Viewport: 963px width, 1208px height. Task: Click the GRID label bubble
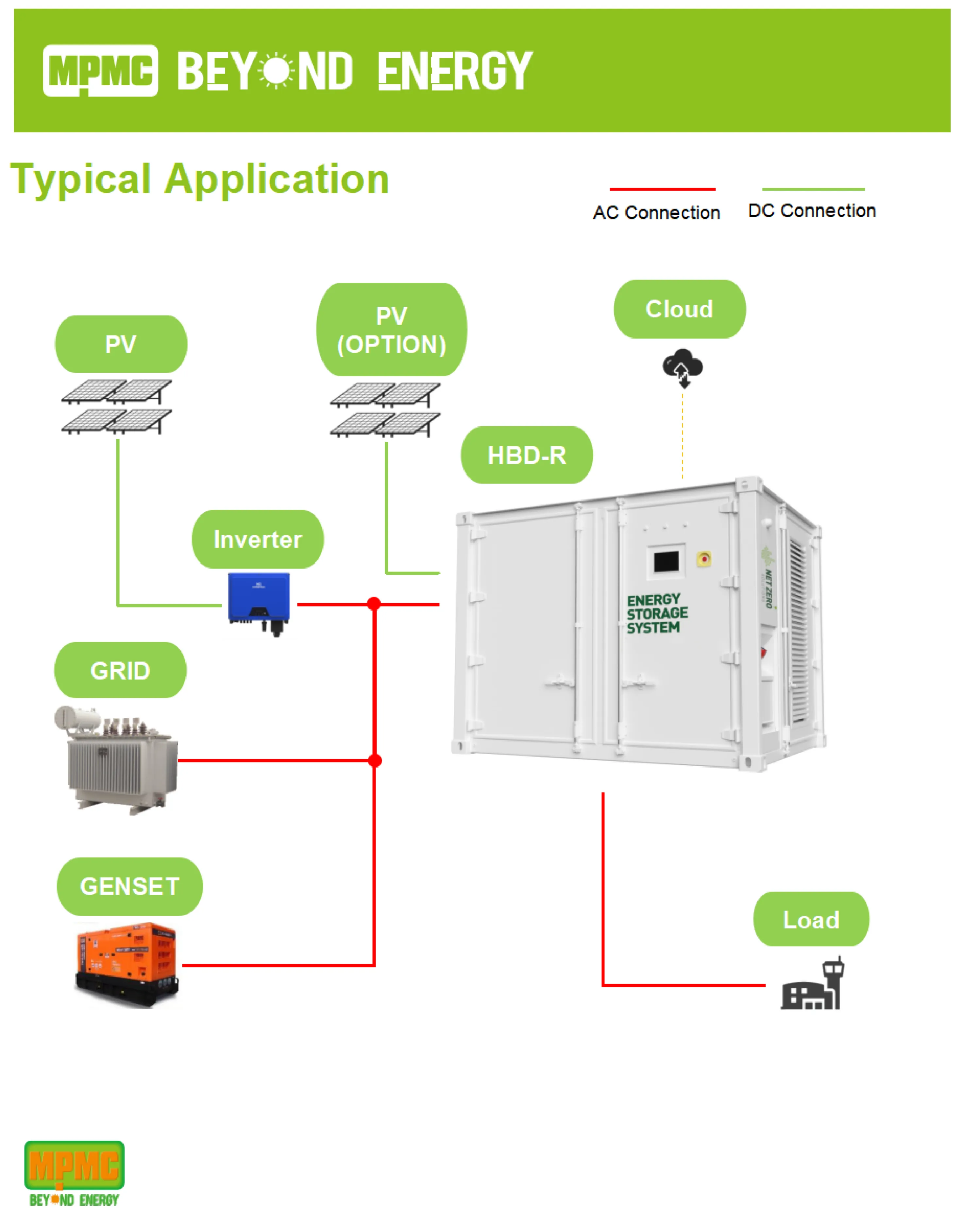click(x=120, y=670)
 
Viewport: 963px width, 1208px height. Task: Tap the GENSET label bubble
click(x=129, y=886)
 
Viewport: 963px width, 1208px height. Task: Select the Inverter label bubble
click(x=258, y=539)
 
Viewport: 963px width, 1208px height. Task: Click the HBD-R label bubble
click(x=527, y=455)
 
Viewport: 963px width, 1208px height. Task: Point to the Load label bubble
click(x=811, y=919)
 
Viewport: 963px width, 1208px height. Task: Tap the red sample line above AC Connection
click(x=662, y=189)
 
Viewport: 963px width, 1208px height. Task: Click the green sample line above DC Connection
click(x=813, y=189)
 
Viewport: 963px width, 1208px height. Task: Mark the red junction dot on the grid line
click(x=375, y=760)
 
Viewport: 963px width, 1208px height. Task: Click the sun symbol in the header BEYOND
click(x=276, y=71)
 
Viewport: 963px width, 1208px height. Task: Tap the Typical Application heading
click(x=200, y=179)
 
